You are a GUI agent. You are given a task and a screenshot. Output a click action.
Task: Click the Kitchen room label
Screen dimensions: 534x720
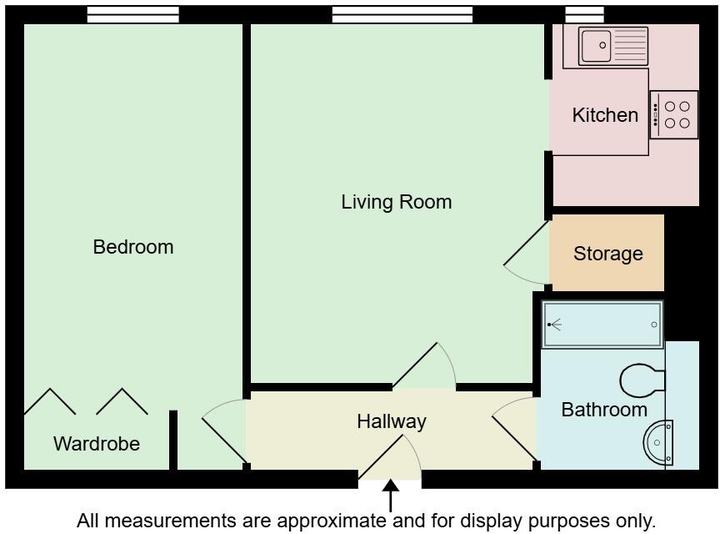[x=605, y=115]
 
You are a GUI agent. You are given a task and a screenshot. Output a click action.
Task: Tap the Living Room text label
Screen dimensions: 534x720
[x=396, y=202]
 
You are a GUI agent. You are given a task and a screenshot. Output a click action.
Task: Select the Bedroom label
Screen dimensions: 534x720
[x=133, y=247]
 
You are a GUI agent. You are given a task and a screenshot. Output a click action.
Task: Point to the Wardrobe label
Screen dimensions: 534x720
[x=97, y=444]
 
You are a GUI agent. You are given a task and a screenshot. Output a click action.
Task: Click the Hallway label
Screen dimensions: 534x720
[x=392, y=421]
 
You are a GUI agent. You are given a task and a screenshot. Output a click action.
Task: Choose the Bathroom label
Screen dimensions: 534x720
[x=604, y=410]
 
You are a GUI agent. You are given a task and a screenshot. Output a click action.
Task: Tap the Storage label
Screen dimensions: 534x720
[x=608, y=254]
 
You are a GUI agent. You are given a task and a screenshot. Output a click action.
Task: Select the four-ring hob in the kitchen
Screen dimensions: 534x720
[x=674, y=115]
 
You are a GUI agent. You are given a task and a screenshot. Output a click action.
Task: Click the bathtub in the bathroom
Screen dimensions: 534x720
[x=602, y=325]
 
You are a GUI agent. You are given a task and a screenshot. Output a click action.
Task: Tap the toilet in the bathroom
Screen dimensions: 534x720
[x=642, y=380]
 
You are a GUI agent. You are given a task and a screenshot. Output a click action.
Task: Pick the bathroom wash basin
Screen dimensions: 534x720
[x=658, y=441]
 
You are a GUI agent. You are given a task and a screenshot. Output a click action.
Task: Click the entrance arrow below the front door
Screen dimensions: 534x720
[x=390, y=497]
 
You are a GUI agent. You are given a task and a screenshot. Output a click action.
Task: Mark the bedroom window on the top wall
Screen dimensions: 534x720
[x=133, y=15]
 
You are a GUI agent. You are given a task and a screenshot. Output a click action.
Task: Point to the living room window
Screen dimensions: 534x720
[x=402, y=15]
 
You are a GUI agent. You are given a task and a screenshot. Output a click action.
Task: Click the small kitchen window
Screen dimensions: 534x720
[x=584, y=15]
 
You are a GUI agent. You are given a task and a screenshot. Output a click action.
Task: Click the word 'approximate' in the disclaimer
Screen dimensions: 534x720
[x=329, y=521]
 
